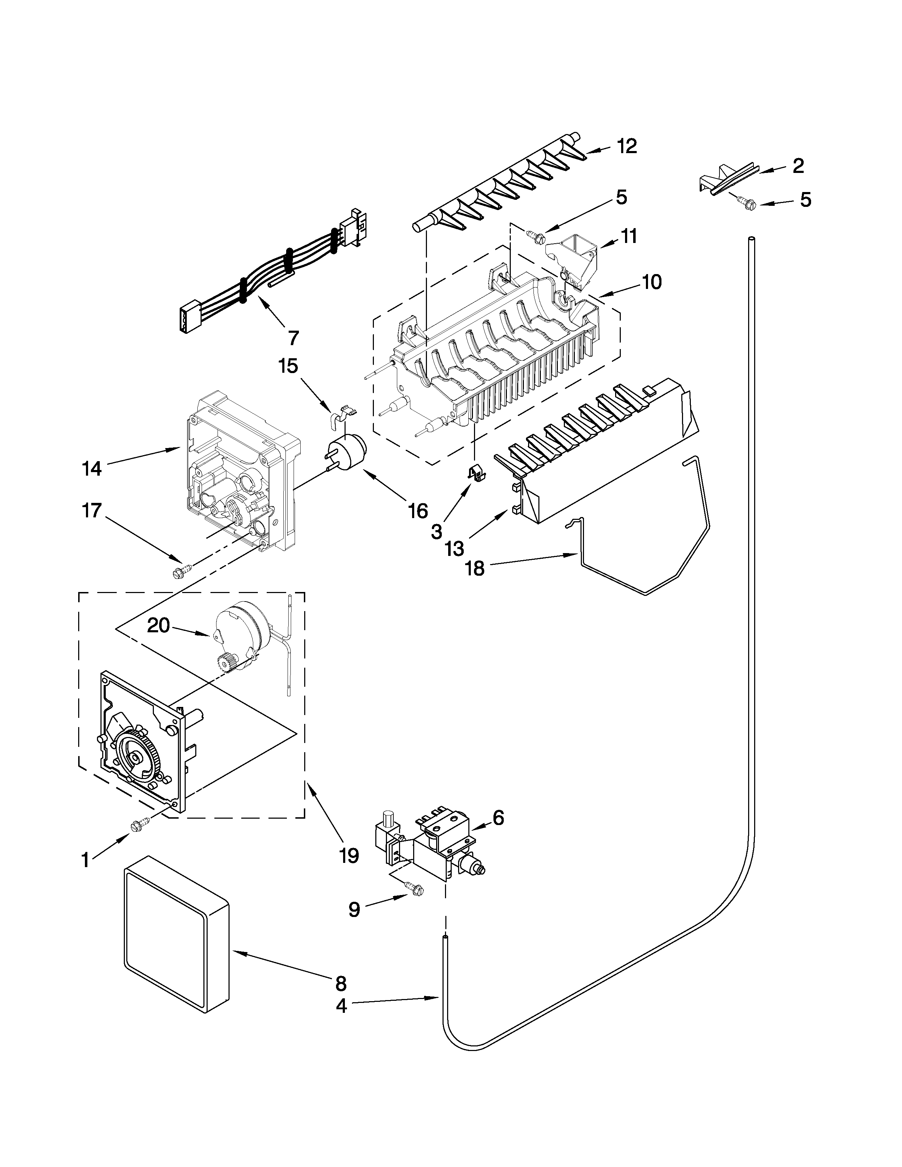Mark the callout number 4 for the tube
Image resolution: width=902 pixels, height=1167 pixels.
(341, 1006)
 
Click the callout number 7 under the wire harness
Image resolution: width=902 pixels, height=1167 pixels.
(293, 338)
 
